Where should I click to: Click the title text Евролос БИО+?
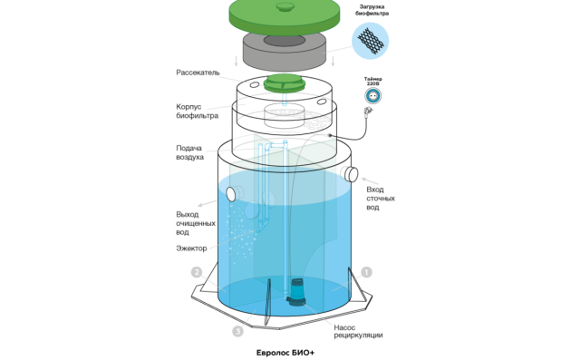pos(285,353)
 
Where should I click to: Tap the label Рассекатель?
pos(198,73)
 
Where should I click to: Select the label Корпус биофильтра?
pos(197,112)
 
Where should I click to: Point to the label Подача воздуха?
pos(189,152)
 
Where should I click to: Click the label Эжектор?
pos(191,248)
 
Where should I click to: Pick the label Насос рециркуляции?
pos(358,331)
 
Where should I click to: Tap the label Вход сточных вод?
pos(381,199)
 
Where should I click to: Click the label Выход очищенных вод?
pos(196,223)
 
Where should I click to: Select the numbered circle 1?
pos(366,272)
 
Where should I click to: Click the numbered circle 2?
pos(197,272)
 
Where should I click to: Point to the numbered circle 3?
pos(237,331)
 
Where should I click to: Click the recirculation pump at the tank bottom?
pos(296,291)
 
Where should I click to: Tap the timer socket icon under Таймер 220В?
pos(373,96)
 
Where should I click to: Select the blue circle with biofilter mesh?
pos(371,41)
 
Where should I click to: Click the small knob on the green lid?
pos(285,6)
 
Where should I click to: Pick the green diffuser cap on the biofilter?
pos(285,83)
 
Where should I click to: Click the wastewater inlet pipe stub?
pos(351,174)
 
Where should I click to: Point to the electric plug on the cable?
pos(369,110)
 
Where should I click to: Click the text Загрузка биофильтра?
pos(373,10)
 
